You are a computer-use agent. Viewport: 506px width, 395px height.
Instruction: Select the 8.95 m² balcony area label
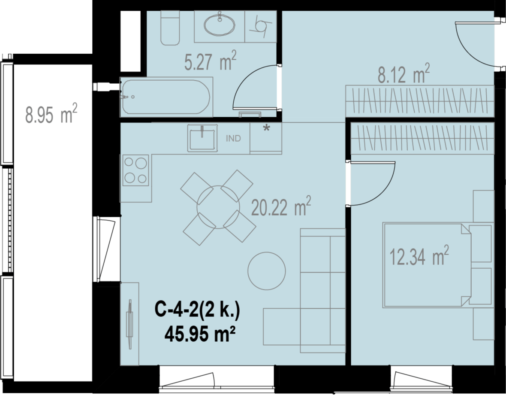[x=51, y=113]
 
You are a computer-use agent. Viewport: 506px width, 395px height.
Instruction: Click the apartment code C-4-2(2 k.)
[x=198, y=310]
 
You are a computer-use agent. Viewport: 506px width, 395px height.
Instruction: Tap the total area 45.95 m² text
[x=199, y=334]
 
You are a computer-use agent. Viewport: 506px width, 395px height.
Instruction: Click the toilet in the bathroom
[x=170, y=28]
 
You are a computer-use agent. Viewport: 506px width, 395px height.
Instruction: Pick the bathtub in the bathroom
[x=166, y=97]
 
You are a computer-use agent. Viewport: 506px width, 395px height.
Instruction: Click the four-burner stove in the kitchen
[x=136, y=170]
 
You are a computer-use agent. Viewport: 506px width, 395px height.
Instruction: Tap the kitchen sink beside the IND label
[x=203, y=138]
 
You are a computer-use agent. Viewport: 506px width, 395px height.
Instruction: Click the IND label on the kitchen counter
[x=233, y=139]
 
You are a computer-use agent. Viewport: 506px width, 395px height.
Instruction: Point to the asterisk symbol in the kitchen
[x=266, y=128]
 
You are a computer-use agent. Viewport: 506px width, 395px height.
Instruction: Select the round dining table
[x=218, y=207]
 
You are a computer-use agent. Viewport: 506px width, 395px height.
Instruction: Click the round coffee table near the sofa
[x=267, y=271]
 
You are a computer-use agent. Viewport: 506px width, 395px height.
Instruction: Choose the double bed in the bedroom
[x=427, y=265]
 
